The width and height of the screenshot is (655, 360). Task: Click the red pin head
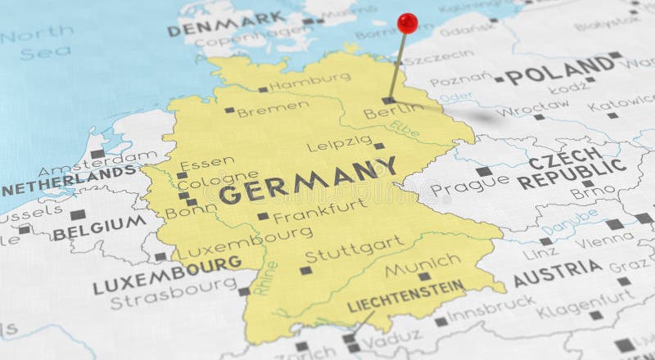pos(407,23)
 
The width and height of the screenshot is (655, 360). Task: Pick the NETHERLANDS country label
pos(69,182)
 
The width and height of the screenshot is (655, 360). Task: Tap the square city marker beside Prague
pos(484,172)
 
